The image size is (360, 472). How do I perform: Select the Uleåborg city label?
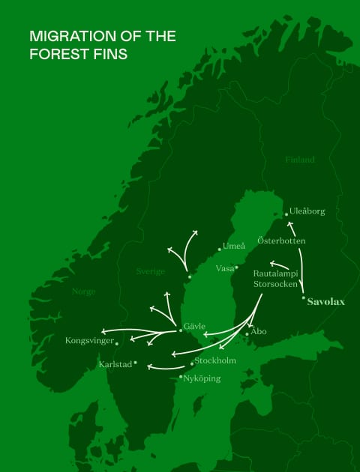(308, 211)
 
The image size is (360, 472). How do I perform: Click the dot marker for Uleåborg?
(286, 214)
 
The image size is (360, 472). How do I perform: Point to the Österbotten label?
(281, 240)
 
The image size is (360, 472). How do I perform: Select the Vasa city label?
(224, 268)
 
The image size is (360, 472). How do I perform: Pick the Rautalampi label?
(275, 274)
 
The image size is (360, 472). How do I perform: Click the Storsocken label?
(275, 285)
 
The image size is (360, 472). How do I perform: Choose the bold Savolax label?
(326, 302)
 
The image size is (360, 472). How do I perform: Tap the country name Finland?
(300, 160)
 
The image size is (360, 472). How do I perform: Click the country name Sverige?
(150, 271)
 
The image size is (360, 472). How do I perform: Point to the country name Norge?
(83, 291)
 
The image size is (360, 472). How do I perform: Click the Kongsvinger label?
(89, 341)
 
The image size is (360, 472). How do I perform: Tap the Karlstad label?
(115, 365)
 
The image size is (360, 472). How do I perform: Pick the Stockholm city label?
(215, 360)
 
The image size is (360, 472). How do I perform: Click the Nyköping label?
(202, 378)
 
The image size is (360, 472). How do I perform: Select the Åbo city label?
(259, 330)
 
